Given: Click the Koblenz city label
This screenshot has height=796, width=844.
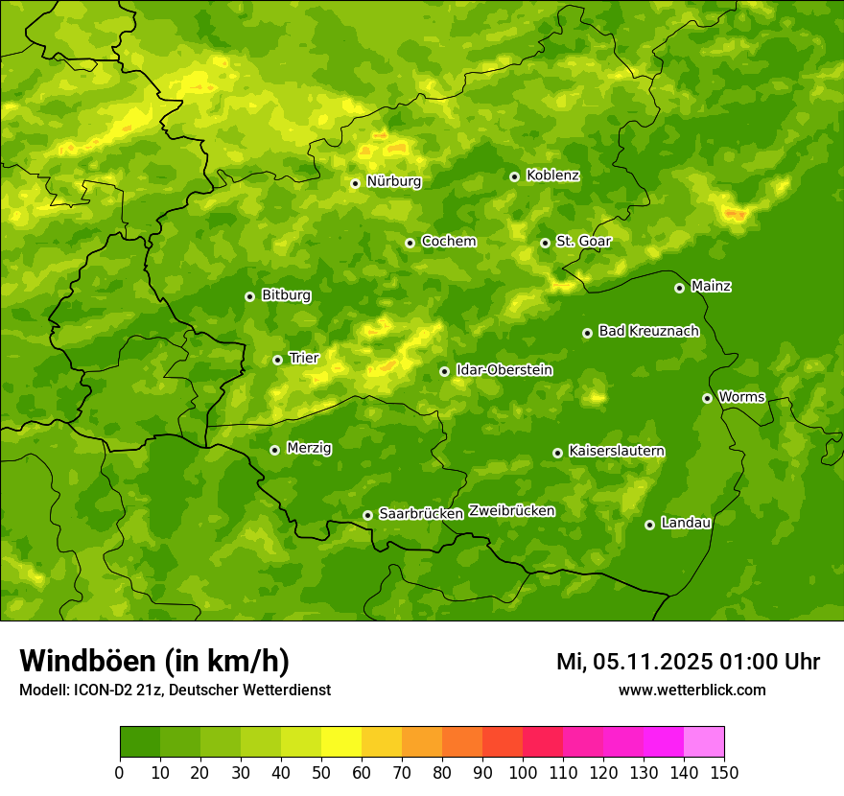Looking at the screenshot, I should coord(552,176).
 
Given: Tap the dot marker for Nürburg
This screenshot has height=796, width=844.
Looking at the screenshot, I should coord(355,183).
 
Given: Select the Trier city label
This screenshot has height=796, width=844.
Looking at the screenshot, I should coord(304,358).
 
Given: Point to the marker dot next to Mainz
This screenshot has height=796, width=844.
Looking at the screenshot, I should coord(679,288).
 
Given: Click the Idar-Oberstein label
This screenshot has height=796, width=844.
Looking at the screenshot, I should coord(504,369).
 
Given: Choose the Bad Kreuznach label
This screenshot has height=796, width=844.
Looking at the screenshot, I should coord(648,331).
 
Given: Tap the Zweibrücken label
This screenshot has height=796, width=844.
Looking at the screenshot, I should coord(511,511).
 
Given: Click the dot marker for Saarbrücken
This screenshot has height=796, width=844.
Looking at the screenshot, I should coord(367,515).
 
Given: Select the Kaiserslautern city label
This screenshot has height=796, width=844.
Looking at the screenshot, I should coord(617,451).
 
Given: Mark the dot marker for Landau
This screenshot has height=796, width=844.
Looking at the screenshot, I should coord(649,525).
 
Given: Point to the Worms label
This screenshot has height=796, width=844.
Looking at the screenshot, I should coord(741,396).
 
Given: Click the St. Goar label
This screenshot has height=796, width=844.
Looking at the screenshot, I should coord(583,242).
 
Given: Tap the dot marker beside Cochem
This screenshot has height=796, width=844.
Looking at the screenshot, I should coord(410,243).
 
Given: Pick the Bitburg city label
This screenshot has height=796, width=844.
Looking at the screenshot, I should coord(286,295).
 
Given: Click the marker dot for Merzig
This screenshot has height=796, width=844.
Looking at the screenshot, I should coord(274,450).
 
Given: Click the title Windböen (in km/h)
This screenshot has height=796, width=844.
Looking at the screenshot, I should coord(153,662).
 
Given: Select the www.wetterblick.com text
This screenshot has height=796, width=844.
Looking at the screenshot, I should coord(692,691).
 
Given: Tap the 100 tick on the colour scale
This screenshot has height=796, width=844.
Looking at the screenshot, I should coord(523,772).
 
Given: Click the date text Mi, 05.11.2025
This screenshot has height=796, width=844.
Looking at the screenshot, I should coord(632,662).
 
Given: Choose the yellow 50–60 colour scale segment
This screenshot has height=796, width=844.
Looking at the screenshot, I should coord(341,742).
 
